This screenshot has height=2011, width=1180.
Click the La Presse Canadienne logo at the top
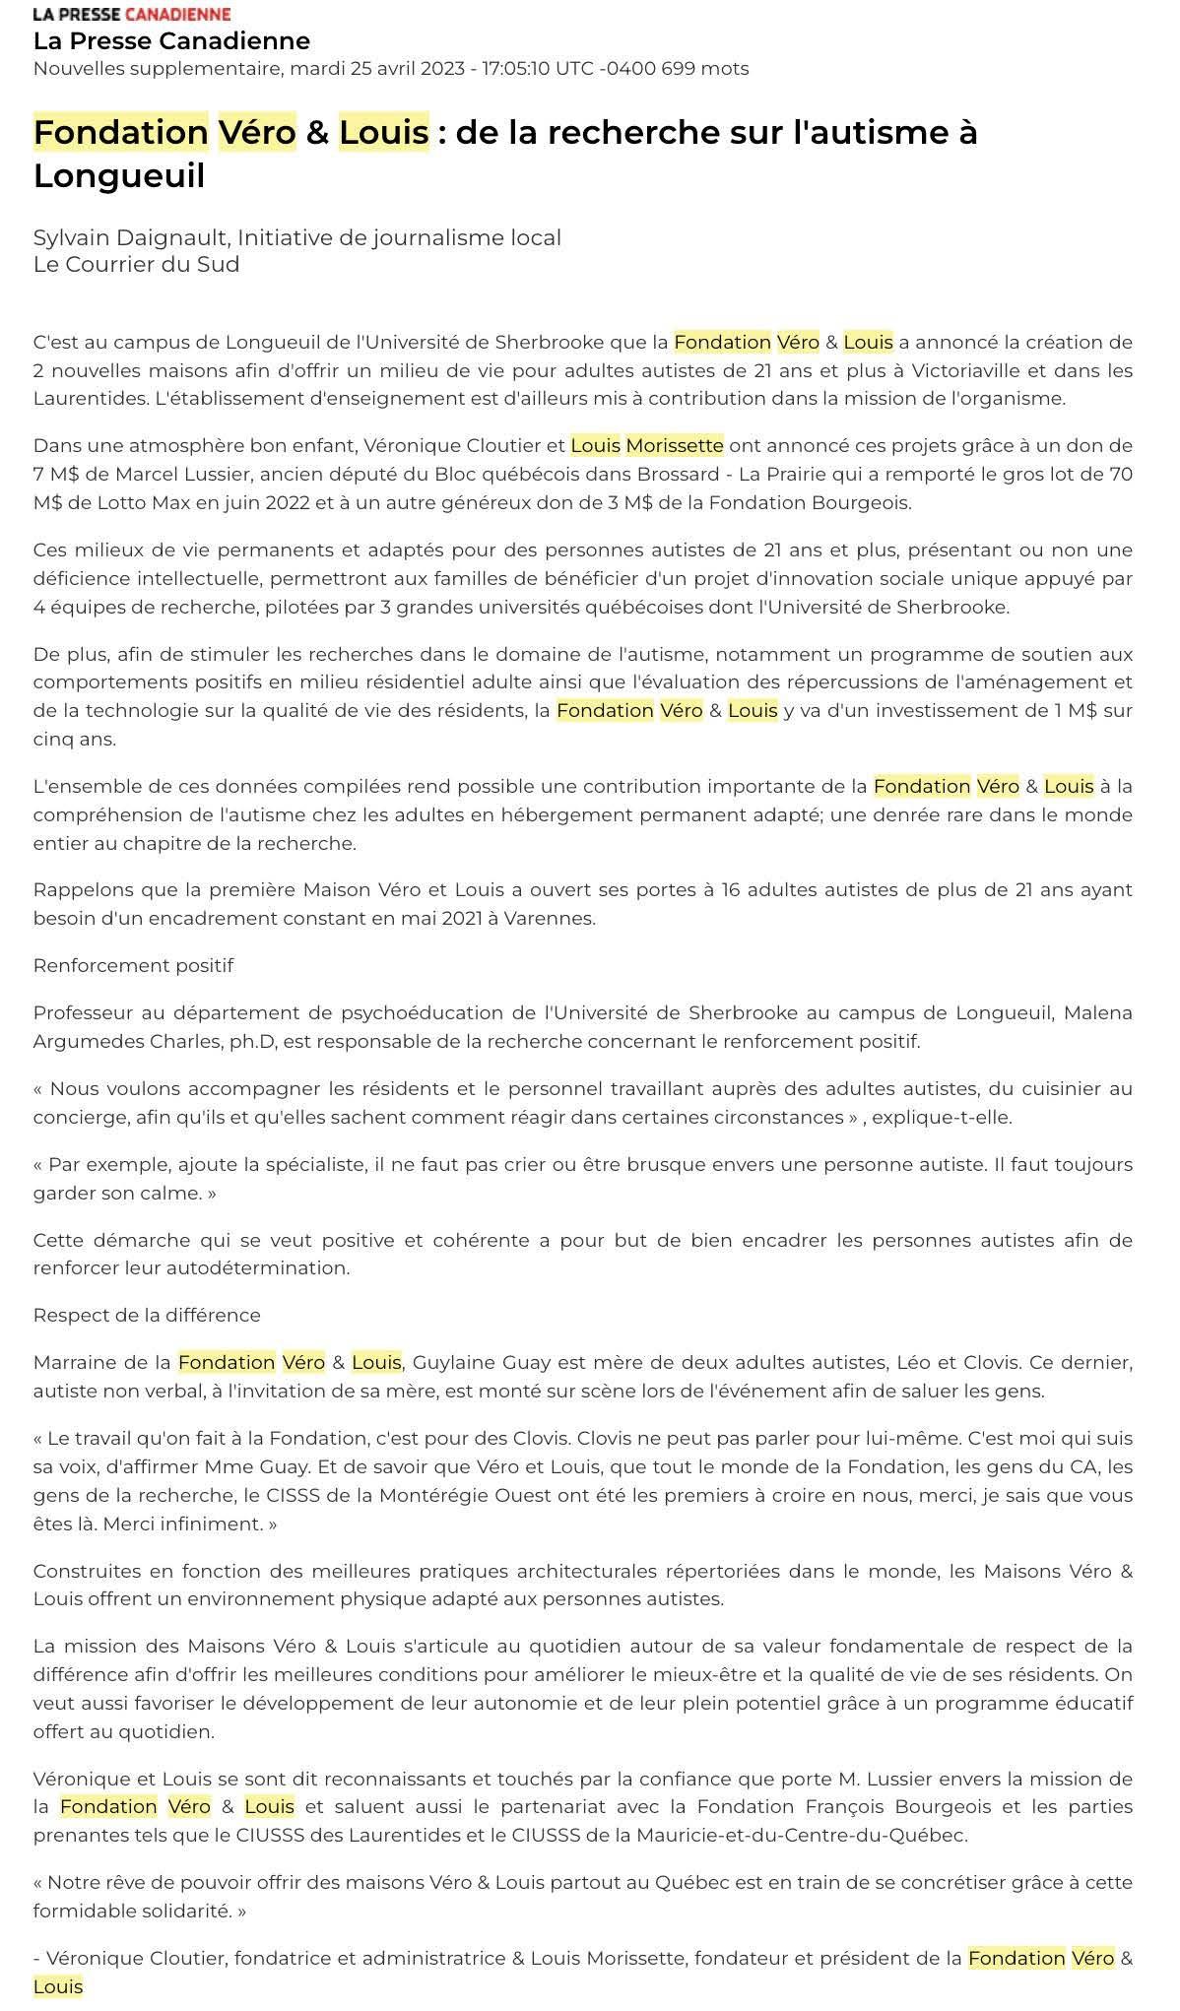pos(132,14)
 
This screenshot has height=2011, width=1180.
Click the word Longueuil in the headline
pos(119,175)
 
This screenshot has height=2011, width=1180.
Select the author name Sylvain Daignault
pos(131,237)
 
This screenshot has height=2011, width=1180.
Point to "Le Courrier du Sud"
pos(136,264)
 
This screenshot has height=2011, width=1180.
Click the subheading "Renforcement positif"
pos(133,965)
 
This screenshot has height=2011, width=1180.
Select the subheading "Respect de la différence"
pos(147,1315)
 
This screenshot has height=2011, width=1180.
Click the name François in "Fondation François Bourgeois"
pos(788,1806)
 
